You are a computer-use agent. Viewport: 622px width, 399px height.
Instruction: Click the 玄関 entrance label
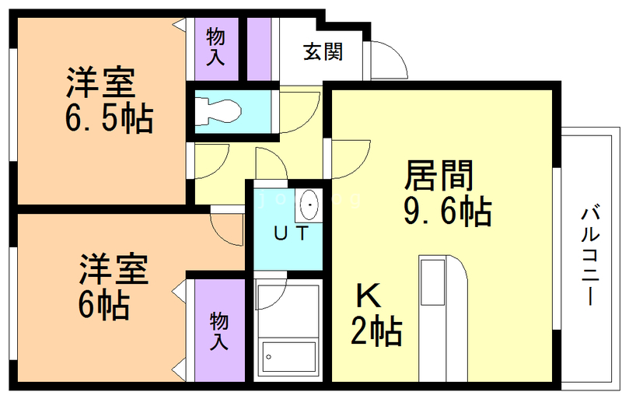coord(323,52)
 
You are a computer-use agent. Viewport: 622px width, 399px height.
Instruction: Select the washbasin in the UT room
coord(308,205)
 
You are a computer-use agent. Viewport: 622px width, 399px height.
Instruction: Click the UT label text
coord(292,233)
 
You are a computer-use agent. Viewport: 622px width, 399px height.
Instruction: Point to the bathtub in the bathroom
coord(289,356)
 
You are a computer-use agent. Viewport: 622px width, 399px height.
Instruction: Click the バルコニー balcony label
coord(591,255)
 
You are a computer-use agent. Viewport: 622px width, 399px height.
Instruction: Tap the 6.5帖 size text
coord(109,118)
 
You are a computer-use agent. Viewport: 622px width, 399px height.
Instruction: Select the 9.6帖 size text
coord(448,211)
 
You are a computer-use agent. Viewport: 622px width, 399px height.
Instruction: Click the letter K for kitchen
coord(369,296)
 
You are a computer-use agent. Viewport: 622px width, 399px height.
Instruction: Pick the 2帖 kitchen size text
coord(376,331)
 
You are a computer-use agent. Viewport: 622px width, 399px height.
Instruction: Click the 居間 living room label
coord(439,175)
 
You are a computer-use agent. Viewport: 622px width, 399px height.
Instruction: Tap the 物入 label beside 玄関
coord(216,47)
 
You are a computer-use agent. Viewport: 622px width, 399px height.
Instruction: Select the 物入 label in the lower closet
coord(219,331)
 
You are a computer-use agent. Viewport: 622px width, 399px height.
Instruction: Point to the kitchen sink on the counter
coord(432,282)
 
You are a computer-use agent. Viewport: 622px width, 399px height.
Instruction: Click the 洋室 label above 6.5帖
coord(101,82)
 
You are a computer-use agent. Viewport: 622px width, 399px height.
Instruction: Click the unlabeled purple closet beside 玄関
coord(259,49)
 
